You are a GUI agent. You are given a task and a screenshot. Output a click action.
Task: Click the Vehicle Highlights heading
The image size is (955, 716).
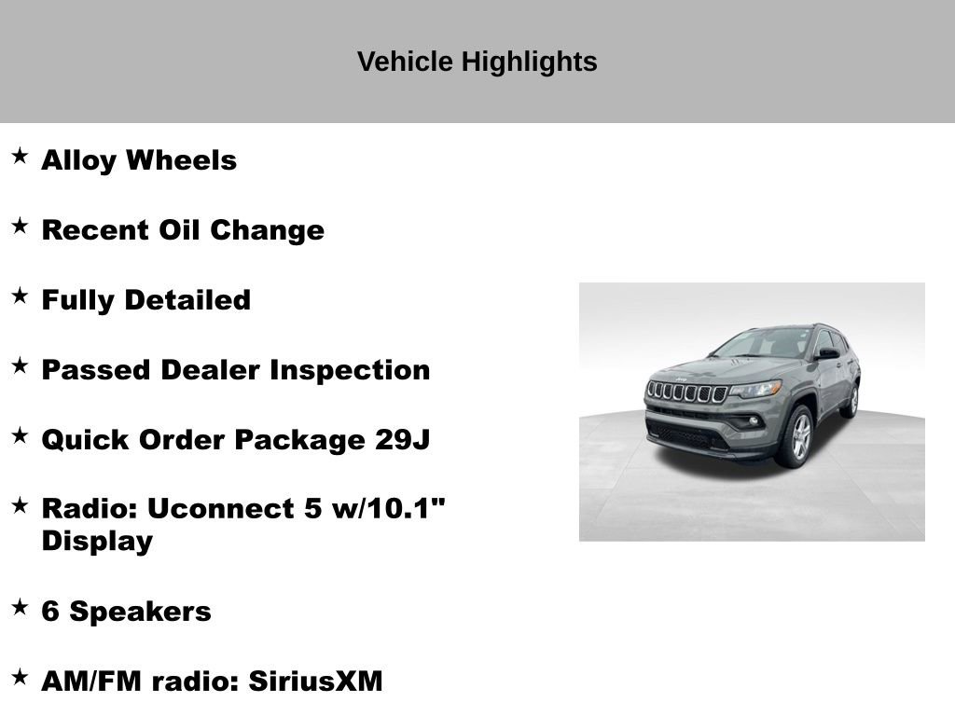(x=477, y=62)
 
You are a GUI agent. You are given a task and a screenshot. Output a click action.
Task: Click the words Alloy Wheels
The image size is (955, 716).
(x=139, y=160)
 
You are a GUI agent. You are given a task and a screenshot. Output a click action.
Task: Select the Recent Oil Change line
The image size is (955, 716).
(x=183, y=230)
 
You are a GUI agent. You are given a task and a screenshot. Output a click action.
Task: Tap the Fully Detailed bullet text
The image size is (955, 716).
(x=146, y=300)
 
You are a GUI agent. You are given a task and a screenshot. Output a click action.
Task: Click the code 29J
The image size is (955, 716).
(x=402, y=439)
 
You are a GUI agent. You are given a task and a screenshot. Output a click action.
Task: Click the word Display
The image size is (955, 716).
(x=97, y=541)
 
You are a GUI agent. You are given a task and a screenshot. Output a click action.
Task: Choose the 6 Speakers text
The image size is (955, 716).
(x=127, y=612)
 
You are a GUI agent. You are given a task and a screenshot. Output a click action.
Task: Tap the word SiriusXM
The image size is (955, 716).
(x=315, y=681)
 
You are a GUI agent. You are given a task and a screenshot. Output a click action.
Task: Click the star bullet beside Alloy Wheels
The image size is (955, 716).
(x=20, y=156)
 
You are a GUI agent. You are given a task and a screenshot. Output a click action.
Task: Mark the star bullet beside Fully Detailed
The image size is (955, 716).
(x=20, y=296)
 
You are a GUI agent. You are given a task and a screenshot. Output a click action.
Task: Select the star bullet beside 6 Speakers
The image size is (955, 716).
(x=20, y=607)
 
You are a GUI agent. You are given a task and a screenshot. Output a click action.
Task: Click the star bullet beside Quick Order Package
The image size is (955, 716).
(x=20, y=434)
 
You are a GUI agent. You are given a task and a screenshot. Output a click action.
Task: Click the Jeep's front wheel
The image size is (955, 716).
(x=796, y=436)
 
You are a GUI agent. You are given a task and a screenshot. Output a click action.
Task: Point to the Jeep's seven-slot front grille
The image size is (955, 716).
(x=687, y=392)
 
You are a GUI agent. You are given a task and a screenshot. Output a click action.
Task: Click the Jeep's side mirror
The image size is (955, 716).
(x=826, y=353)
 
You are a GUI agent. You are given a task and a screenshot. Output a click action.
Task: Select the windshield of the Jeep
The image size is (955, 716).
(x=764, y=344)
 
